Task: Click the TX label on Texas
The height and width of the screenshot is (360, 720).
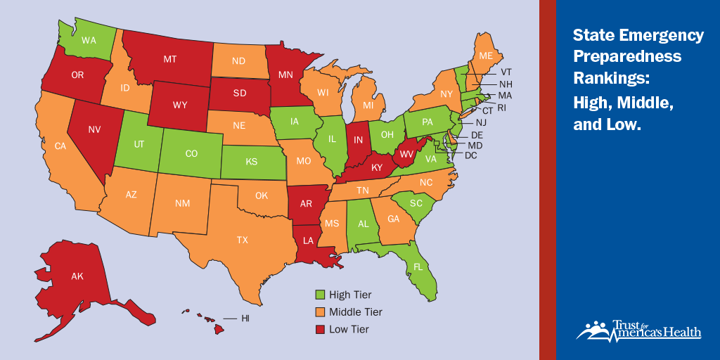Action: coord(242,240)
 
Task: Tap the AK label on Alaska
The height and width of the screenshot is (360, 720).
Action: coord(77,276)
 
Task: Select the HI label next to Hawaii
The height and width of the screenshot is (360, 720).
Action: coord(245,319)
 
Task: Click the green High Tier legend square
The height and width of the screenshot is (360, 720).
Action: coord(319,295)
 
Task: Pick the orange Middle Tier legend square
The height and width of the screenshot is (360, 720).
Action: coord(319,312)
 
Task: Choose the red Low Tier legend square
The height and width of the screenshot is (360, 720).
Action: coord(319,329)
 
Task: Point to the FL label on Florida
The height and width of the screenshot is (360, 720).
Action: coord(418,267)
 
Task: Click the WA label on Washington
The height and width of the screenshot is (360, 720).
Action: coord(89,40)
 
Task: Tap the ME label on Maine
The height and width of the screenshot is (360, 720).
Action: coord(485,56)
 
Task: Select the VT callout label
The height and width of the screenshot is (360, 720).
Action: coord(506,72)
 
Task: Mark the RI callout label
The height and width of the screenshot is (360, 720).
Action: coord(501,108)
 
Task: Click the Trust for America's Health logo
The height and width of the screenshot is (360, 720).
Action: coord(638,331)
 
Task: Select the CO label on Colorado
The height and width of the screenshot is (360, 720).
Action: coord(191,153)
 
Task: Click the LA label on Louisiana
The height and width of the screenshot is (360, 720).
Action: coord(308,240)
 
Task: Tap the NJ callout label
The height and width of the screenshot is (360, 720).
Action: coord(481,122)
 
